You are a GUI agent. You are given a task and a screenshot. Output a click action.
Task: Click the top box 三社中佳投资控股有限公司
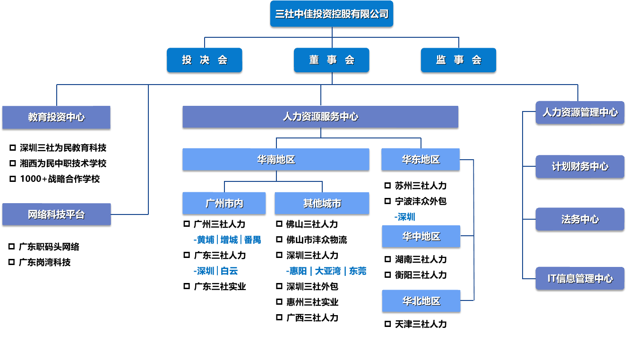pyautogui.click(x=332, y=14)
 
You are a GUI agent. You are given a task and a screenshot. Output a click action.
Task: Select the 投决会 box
pyautogui.click(x=205, y=60)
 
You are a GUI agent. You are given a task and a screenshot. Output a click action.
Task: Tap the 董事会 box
pyautogui.click(x=332, y=60)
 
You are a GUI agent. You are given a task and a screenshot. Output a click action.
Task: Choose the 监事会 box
pyautogui.click(x=458, y=60)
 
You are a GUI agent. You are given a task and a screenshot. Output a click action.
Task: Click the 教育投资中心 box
pyautogui.click(x=56, y=117)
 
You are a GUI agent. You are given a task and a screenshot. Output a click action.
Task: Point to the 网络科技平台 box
pyautogui.click(x=56, y=214)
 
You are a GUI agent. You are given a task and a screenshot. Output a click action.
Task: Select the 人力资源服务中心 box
pyautogui.click(x=320, y=117)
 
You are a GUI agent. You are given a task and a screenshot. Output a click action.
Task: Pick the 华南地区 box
pyautogui.click(x=276, y=159)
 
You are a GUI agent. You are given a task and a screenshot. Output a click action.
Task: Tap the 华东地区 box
pyautogui.click(x=421, y=159)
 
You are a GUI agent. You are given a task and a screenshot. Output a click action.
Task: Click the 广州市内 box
pyautogui.click(x=224, y=203)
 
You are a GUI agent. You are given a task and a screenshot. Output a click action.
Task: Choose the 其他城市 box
pyautogui.click(x=322, y=203)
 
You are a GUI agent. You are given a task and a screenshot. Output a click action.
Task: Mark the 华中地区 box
pyautogui.click(x=421, y=236)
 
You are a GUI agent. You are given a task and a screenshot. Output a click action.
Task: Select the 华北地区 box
pyautogui.click(x=421, y=301)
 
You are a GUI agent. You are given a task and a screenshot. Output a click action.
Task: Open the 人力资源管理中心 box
pyautogui.click(x=580, y=112)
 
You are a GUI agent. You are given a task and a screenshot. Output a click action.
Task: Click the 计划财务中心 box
pyautogui.click(x=580, y=166)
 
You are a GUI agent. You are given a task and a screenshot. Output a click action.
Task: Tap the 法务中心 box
pyautogui.click(x=580, y=219)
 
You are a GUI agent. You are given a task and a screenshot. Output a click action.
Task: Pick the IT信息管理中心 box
pyautogui.click(x=580, y=278)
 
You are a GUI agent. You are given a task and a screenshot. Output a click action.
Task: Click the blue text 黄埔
pyautogui.click(x=206, y=240)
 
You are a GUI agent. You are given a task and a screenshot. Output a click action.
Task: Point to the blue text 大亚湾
pyautogui.click(x=327, y=271)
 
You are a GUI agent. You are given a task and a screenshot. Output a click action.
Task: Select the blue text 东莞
pyautogui.click(x=358, y=271)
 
